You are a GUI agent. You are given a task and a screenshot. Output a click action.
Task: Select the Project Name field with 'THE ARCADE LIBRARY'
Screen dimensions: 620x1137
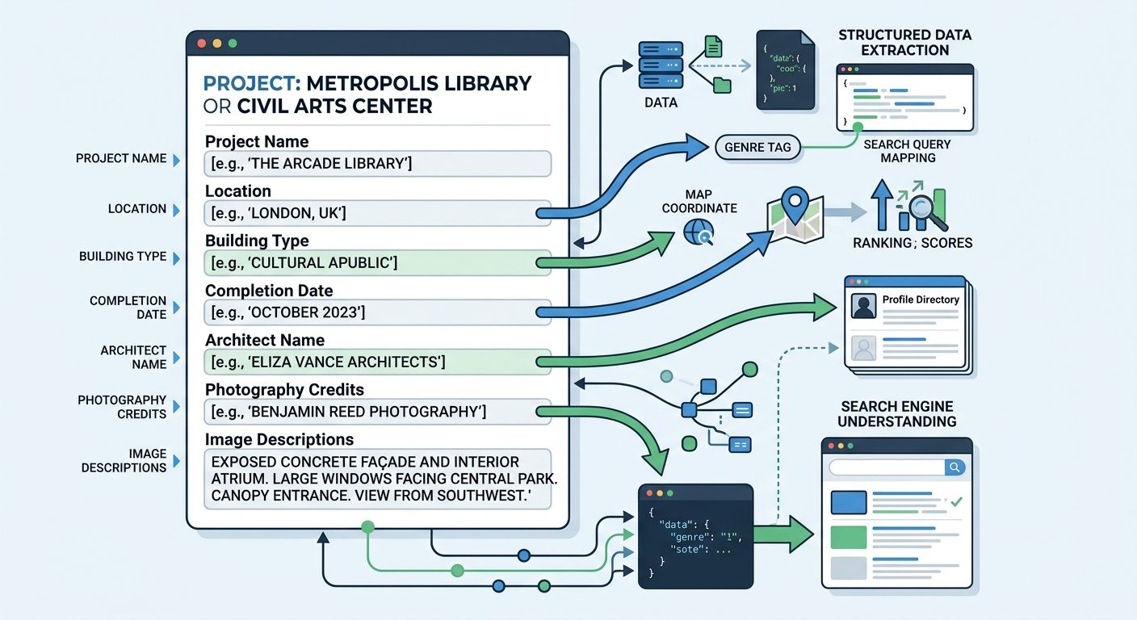[377, 164]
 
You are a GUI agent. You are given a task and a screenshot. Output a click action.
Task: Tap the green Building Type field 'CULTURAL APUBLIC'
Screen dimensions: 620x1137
[377, 262]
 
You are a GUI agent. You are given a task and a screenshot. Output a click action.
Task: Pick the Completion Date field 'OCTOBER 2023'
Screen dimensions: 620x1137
[377, 312]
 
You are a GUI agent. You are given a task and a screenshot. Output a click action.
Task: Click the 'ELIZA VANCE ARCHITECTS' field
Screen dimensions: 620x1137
[377, 362]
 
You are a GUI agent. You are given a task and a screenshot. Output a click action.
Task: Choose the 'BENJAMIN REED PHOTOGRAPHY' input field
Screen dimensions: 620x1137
[377, 412]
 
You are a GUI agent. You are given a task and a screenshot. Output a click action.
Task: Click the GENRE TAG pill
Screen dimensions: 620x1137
[757, 148]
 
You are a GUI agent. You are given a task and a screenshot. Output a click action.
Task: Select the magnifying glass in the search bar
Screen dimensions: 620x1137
[954, 467]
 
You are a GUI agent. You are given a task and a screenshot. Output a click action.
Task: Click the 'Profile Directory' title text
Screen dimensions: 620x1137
[921, 300]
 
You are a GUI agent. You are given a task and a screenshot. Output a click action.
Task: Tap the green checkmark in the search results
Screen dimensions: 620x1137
[956, 501]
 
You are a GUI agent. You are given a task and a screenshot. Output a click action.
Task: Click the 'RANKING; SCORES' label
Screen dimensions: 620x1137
[913, 243]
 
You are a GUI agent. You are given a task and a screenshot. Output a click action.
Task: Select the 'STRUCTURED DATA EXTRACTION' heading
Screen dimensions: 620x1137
[904, 43]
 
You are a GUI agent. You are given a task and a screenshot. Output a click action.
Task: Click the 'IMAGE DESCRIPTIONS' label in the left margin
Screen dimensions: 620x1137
[124, 460]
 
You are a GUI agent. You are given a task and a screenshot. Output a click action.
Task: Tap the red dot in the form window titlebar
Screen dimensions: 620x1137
[202, 44]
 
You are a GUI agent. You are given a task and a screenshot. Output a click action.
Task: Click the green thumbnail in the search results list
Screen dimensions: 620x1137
[849, 537]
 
